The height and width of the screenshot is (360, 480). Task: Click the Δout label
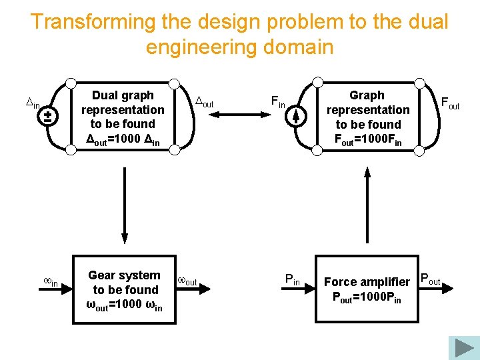click(203, 102)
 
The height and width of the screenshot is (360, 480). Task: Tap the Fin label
click(278, 102)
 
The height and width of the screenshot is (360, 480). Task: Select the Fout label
click(449, 103)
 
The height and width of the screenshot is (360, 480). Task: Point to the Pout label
click(430, 279)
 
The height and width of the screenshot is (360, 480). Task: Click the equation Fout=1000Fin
click(368, 139)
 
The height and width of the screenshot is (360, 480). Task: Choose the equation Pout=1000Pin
click(367, 297)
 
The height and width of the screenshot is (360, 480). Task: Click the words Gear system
click(124, 275)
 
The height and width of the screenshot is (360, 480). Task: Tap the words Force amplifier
click(367, 282)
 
